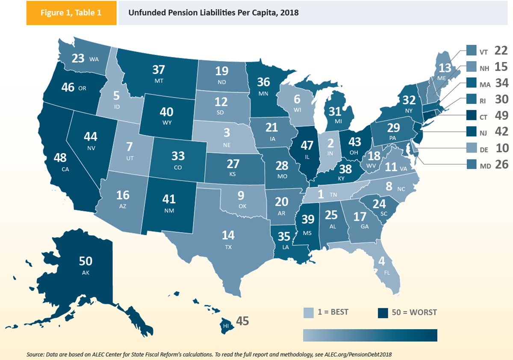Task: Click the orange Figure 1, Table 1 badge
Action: pyautogui.click(x=71, y=12)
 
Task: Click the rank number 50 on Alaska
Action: pyautogui.click(x=85, y=261)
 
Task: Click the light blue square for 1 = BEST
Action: pyautogui.click(x=309, y=312)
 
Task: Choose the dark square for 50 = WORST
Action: pyautogui.click(x=383, y=312)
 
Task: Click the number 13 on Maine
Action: pyautogui.click(x=444, y=68)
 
